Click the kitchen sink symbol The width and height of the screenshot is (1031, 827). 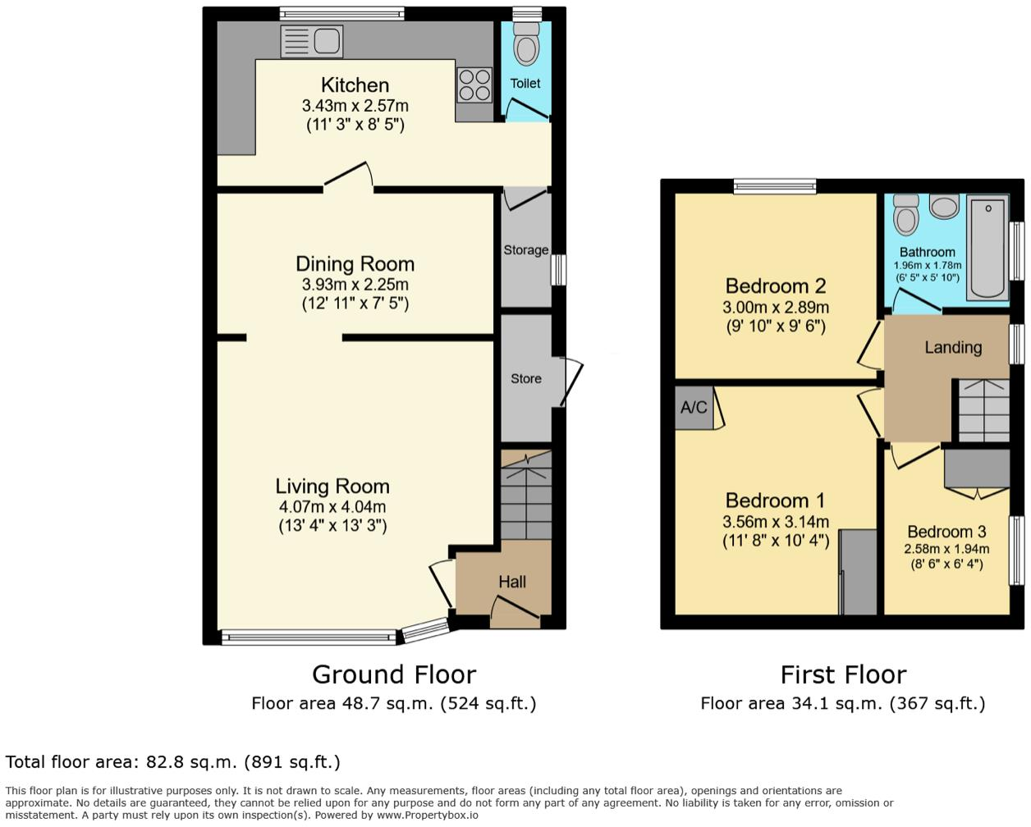(311, 41)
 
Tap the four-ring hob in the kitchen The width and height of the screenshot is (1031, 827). (474, 85)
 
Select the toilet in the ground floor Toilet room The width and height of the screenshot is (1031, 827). (526, 43)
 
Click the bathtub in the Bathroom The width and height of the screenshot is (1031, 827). (988, 246)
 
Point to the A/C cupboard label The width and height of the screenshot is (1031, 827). (694, 407)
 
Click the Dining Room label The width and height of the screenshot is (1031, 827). (355, 264)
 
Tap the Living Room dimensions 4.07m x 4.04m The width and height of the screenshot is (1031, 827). (332, 507)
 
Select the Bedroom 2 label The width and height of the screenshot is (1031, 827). (775, 286)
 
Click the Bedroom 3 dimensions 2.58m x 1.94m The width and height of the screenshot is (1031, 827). (946, 550)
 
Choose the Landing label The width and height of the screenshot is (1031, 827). (952, 348)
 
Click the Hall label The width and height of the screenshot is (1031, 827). (511, 582)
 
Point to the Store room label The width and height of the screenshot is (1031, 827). (525, 378)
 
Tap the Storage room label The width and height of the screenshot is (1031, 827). (525, 250)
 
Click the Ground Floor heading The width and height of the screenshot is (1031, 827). (393, 674)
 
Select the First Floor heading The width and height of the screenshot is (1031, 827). (843, 674)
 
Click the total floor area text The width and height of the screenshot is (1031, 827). (172, 762)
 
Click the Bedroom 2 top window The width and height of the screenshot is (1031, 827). (775, 186)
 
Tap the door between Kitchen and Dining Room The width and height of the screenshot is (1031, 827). (349, 177)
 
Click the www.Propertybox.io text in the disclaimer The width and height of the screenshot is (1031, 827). (427, 816)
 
